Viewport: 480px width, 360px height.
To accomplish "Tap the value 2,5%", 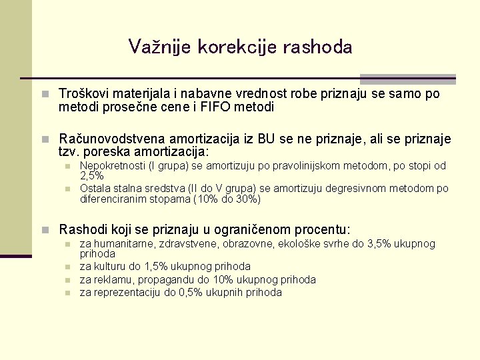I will (x=91, y=176).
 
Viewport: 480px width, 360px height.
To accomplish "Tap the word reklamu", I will (x=111, y=279).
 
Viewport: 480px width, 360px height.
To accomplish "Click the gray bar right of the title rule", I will (x=407, y=79).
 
